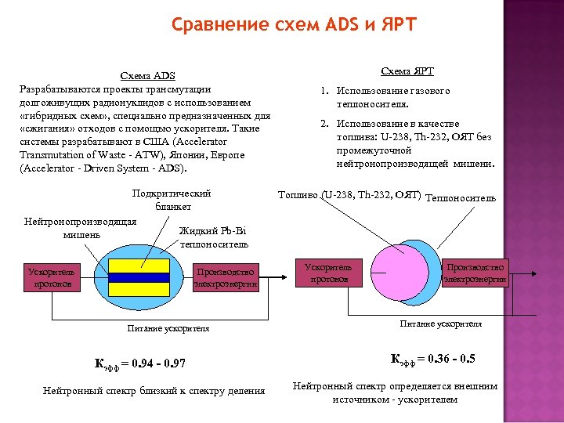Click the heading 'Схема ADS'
(x=147, y=76)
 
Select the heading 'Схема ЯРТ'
(x=407, y=71)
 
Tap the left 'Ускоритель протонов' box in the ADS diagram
(x=50, y=277)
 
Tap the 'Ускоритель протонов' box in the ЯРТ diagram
(x=329, y=273)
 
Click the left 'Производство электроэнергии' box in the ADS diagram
(x=226, y=277)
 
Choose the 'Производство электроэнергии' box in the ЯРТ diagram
(x=475, y=273)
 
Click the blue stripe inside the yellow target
(x=139, y=277)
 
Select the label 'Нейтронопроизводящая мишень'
(x=81, y=227)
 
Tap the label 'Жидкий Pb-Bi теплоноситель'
(x=214, y=237)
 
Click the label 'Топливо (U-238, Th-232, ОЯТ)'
(x=349, y=194)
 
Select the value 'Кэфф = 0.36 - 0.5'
(x=432, y=359)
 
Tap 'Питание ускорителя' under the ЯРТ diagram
(x=441, y=323)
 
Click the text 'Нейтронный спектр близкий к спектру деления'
(x=154, y=390)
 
